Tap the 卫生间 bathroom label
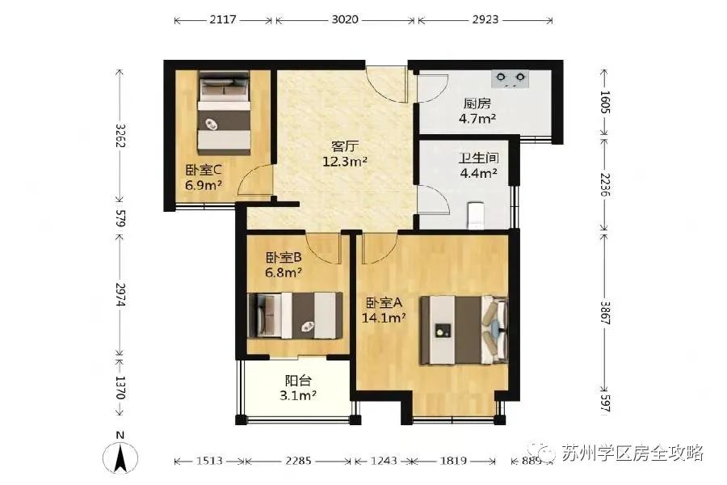click(x=479, y=158)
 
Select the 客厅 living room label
click(x=346, y=146)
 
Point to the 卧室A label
click(x=384, y=302)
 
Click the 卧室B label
click(x=284, y=258)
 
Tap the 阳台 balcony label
click(x=298, y=381)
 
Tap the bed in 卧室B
click(x=294, y=314)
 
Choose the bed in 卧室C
click(x=224, y=112)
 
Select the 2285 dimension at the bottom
click(x=299, y=461)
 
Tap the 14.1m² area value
click(x=384, y=317)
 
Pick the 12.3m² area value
click(x=346, y=161)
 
